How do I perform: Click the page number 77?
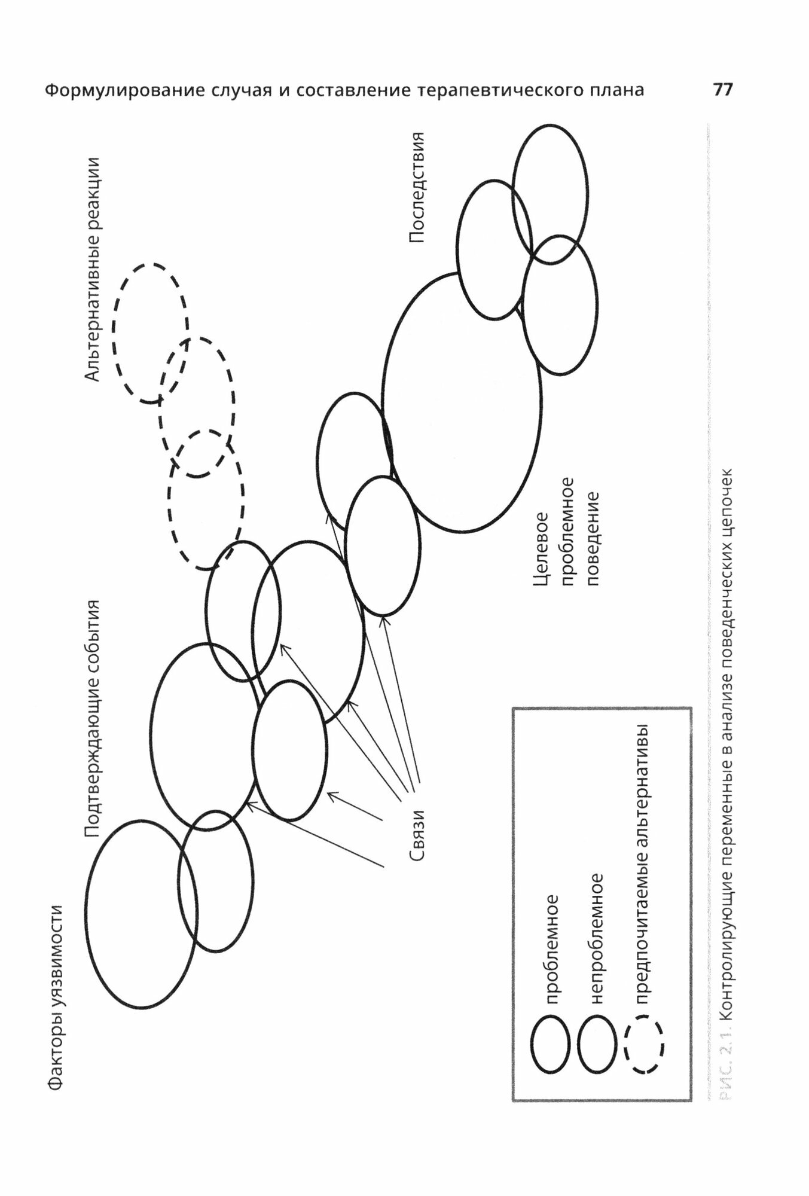click(x=722, y=90)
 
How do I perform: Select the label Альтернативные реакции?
click(x=93, y=269)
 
